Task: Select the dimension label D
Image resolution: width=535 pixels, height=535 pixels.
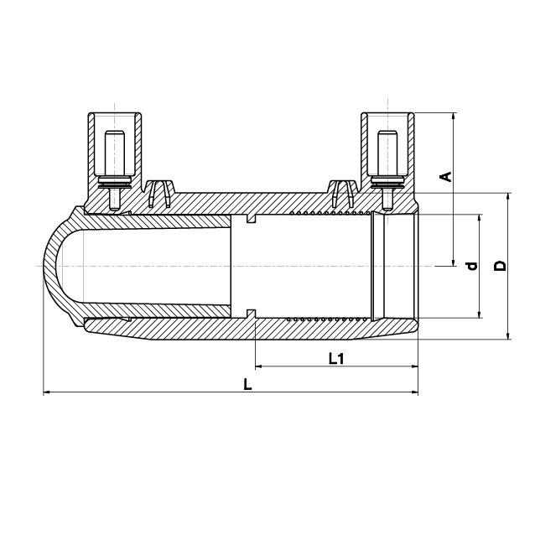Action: tap(500, 266)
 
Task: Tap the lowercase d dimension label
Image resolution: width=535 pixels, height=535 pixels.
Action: tap(471, 266)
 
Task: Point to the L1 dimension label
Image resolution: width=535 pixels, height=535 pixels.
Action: tap(336, 359)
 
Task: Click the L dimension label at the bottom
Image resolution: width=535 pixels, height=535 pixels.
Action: tap(247, 384)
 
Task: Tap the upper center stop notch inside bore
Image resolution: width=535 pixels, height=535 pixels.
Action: tap(251, 219)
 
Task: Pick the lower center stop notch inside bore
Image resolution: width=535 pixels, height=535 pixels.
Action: tap(251, 314)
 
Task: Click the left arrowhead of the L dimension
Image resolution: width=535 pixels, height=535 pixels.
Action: tap(47, 392)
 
